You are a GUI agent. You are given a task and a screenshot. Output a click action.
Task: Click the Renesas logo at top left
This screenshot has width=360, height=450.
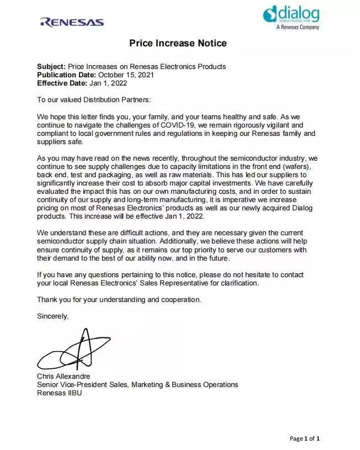click(72, 22)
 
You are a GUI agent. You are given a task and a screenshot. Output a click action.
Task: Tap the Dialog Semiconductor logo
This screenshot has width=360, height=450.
click(291, 13)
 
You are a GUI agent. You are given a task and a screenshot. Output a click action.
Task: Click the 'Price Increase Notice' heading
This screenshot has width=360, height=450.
click(178, 43)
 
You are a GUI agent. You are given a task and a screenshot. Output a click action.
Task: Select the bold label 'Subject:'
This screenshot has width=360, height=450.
click(51, 67)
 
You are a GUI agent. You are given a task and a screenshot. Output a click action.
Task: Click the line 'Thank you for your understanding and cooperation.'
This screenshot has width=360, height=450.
click(119, 300)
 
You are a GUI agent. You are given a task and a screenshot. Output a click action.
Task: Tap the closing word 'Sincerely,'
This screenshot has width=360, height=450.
click(53, 316)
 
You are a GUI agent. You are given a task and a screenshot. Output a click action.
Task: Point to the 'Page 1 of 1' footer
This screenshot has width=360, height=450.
click(305, 438)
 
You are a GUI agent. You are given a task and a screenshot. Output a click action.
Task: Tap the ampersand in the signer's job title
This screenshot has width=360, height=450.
click(166, 384)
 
